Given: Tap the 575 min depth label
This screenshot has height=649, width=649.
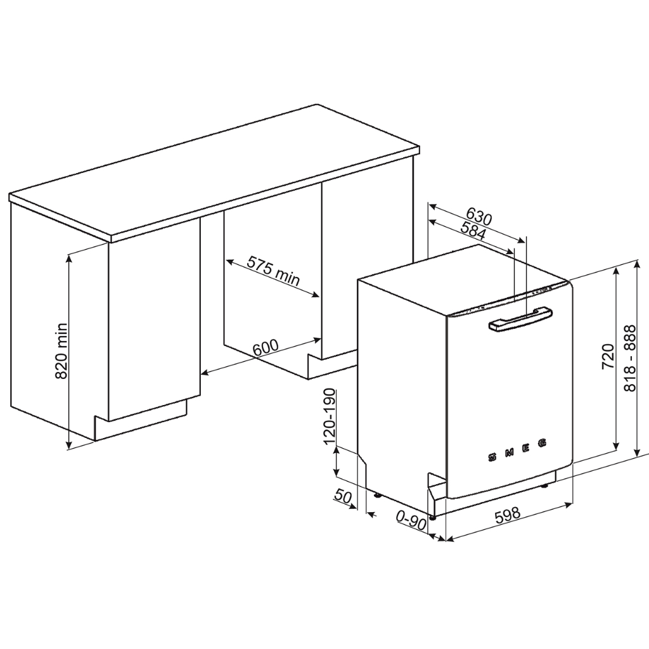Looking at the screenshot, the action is (x=273, y=271).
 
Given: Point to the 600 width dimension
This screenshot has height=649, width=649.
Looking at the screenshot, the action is (x=266, y=348).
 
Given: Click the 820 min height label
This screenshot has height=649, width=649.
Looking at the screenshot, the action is (x=61, y=350).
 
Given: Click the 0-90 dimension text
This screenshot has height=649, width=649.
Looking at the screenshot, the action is (x=411, y=521).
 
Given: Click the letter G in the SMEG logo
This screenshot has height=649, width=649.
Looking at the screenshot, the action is (x=543, y=443).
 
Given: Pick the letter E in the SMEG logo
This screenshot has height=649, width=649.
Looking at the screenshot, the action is (x=526, y=447).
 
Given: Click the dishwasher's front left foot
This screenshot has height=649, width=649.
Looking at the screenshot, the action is (x=432, y=517).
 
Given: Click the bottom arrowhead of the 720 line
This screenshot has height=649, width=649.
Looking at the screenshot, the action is (x=616, y=446).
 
